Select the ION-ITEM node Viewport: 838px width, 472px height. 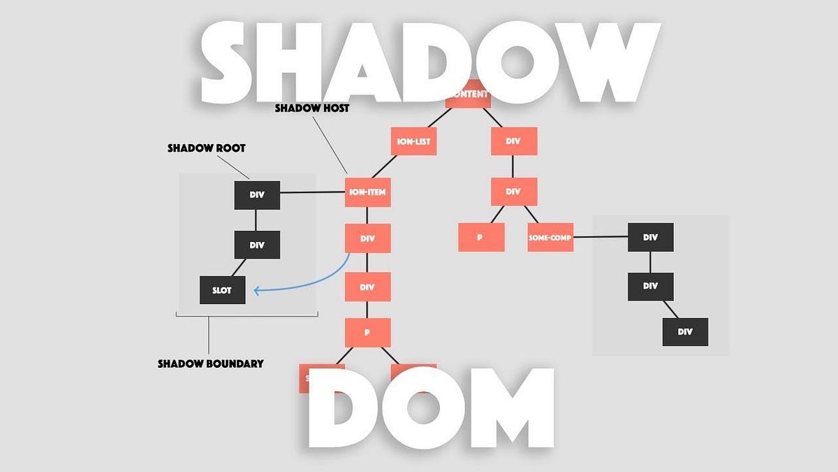pyautogui.click(x=367, y=192)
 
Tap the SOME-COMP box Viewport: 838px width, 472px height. pyautogui.click(x=550, y=238)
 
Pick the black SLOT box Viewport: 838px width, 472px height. pyautogui.click(x=223, y=290)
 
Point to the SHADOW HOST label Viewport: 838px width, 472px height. pyautogui.click(x=311, y=108)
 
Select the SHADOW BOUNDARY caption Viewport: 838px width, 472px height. pyautogui.click(x=210, y=364)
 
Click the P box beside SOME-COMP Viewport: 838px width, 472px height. pyautogui.click(x=480, y=238)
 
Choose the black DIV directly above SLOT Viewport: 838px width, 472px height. pyautogui.click(x=256, y=245)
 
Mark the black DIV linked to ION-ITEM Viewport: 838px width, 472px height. pyautogui.click(x=256, y=195)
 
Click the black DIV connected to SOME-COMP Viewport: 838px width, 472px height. pyautogui.click(x=650, y=238)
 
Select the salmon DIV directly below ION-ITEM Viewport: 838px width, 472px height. pyautogui.click(x=367, y=238)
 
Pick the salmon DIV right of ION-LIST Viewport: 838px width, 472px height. pyautogui.click(x=513, y=142)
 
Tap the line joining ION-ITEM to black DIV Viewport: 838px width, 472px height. pyautogui.click(x=312, y=192)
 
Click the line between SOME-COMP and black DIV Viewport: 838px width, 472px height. pyautogui.click(x=601, y=238)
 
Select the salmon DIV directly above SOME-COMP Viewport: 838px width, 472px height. pyautogui.click(x=513, y=192)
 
